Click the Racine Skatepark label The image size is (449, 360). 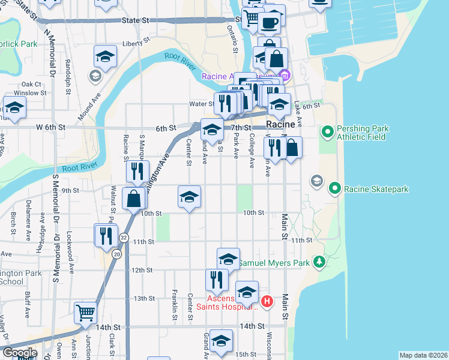[376, 189]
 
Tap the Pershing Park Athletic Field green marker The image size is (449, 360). [328, 131]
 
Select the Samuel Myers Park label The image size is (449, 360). [274, 263]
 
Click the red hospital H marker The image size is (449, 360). [268, 301]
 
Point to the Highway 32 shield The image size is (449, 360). [124, 237]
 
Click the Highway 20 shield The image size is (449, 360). [116, 254]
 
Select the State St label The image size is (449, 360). [135, 20]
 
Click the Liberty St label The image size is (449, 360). [135, 43]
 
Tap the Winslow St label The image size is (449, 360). [30, 93]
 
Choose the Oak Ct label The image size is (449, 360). [31, 85]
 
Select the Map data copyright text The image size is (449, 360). [423, 355]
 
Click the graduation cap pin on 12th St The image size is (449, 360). [228, 259]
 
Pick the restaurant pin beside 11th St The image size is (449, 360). [106, 235]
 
